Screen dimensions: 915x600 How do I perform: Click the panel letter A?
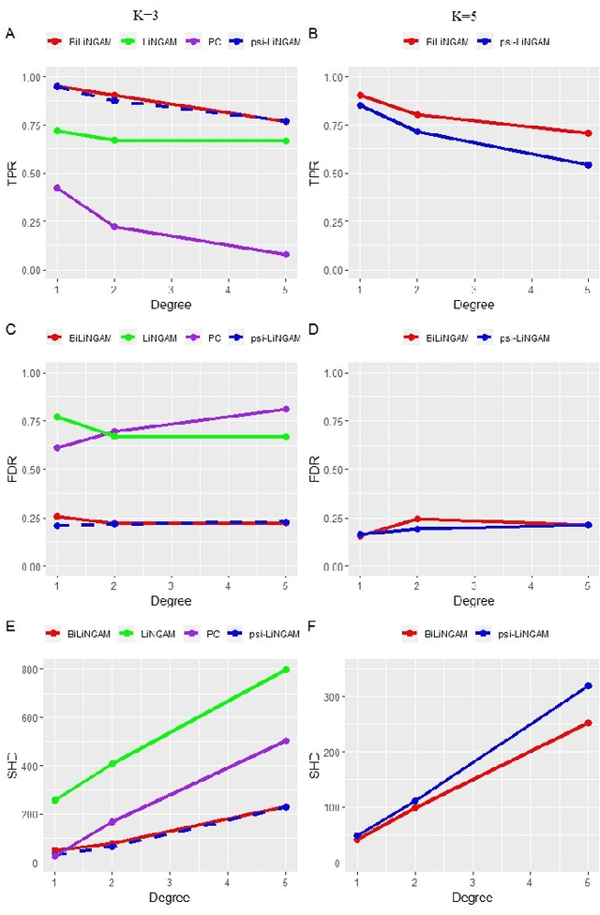pos(9,35)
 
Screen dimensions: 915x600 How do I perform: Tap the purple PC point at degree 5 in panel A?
pos(286,254)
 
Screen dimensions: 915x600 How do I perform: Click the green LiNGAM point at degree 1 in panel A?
pos(57,130)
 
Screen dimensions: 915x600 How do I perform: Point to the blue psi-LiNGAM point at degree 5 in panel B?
pos(588,165)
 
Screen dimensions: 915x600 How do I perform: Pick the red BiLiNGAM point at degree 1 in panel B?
pos(360,95)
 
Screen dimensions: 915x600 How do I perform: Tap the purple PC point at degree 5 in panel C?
pos(286,409)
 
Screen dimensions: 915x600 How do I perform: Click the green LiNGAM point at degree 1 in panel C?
pos(57,416)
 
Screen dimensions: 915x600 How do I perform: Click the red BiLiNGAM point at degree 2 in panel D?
pos(417,518)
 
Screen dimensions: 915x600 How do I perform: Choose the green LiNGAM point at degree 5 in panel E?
pos(286,669)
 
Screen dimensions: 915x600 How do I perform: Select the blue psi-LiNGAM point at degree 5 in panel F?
pos(588,685)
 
